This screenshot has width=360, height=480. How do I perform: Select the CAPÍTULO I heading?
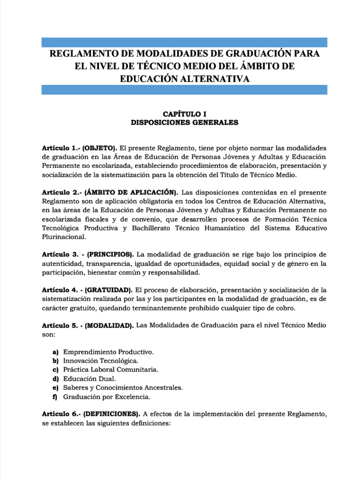(184, 114)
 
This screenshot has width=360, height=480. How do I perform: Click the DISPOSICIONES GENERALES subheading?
(184, 123)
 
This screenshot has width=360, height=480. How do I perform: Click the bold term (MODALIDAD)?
(109, 325)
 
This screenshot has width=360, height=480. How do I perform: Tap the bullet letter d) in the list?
(55, 379)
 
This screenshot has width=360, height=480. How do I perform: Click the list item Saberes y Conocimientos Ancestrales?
(123, 388)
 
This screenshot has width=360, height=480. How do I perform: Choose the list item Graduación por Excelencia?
(107, 397)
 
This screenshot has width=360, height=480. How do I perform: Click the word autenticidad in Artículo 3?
(62, 263)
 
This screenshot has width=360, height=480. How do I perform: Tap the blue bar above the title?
(184, 43)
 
